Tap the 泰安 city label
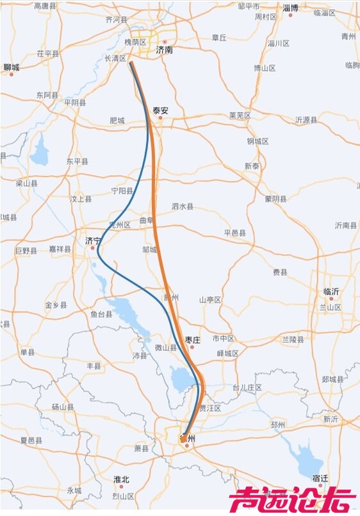click(160, 110)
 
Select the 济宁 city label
click(94, 240)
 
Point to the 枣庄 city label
click(193, 339)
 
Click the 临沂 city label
click(331, 291)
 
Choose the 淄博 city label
click(290, 8)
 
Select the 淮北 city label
click(121, 479)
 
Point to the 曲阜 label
click(147, 220)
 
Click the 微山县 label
click(166, 347)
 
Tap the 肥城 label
click(117, 120)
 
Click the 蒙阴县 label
click(275, 199)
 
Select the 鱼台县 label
click(101, 314)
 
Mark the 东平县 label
click(77, 162)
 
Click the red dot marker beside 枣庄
click(191, 347)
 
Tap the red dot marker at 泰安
click(160, 118)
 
